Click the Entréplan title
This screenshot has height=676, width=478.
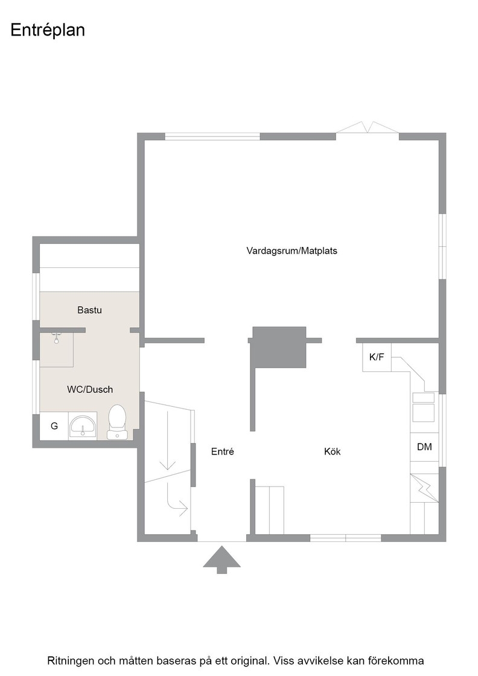(48, 31)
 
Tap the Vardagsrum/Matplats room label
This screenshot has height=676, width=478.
(292, 250)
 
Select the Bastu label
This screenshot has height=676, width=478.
(90, 310)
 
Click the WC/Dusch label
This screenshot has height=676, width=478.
(90, 389)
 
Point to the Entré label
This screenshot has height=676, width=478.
(223, 451)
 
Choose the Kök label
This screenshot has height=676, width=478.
(333, 451)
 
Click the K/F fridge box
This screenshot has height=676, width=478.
(377, 357)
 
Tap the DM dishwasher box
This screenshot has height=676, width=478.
(424, 447)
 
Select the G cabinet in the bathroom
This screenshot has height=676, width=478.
(54, 426)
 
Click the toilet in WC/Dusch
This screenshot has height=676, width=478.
(117, 422)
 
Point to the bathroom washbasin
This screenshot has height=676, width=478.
(83, 426)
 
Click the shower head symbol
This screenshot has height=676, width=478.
(56, 337)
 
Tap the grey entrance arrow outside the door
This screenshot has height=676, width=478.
(221, 560)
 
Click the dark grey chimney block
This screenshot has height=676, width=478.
(279, 347)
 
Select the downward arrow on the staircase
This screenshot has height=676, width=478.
(167, 440)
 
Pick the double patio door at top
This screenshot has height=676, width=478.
(367, 127)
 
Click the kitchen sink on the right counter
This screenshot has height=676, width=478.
(423, 407)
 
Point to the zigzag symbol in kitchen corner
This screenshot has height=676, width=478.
(424, 488)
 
